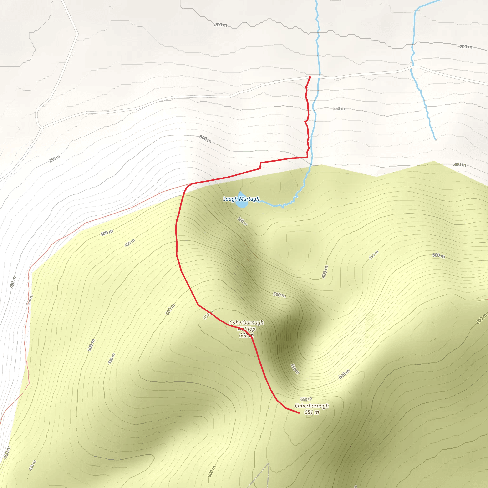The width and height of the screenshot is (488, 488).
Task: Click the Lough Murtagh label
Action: (x=241, y=199)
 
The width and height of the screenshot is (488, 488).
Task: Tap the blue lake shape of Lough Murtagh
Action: (x=242, y=203)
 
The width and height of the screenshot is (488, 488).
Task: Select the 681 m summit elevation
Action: (x=311, y=412)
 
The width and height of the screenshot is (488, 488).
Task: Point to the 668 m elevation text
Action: (x=246, y=335)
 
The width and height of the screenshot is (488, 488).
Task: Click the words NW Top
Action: (x=246, y=329)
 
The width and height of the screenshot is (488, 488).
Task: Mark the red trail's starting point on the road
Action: (x=310, y=77)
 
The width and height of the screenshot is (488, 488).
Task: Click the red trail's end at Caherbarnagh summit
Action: (x=299, y=413)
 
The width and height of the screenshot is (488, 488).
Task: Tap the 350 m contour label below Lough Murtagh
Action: (x=243, y=221)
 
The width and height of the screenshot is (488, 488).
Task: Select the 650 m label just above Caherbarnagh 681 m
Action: (x=306, y=399)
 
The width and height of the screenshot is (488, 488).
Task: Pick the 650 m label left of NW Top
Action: (x=208, y=315)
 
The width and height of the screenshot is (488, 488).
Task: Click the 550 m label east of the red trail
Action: (x=295, y=369)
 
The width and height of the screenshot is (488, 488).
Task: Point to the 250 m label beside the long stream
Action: (x=339, y=109)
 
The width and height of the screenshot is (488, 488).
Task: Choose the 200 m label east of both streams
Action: (x=466, y=47)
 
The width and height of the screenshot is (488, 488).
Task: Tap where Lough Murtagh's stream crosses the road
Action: (x=319, y=76)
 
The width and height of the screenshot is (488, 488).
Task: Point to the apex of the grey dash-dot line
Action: (x=269, y=463)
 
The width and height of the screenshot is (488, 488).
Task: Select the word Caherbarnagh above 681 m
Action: (x=312, y=406)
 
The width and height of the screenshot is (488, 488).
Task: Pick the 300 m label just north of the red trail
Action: (x=205, y=139)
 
